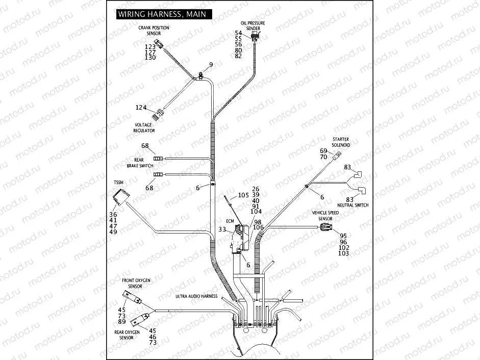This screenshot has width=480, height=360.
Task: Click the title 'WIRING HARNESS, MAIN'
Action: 162,14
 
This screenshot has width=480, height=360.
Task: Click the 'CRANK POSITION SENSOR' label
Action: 154,31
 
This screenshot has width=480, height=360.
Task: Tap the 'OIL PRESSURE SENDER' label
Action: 253,26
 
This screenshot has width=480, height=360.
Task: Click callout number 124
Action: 141,108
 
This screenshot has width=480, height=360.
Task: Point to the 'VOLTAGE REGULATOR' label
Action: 144,127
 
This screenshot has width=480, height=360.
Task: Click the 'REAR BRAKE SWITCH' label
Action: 140,163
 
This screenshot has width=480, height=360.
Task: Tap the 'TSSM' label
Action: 118,182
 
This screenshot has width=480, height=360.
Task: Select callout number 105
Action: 243,195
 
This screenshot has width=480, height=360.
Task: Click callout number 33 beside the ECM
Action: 222,229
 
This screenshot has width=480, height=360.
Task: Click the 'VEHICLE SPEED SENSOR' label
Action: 325,215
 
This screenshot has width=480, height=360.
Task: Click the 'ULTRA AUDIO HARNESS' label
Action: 196,296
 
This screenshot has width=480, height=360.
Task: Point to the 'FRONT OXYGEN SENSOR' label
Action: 136,284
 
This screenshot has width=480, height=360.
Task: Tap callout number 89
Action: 121,322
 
